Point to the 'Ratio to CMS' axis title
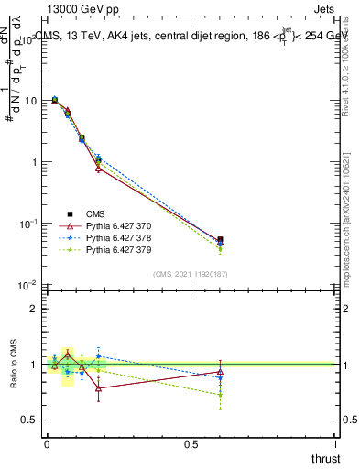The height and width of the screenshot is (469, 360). (15, 364)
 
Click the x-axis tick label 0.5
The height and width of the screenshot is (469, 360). (191, 443)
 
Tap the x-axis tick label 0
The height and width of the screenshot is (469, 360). (47, 443)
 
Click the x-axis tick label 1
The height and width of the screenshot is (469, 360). (336, 443)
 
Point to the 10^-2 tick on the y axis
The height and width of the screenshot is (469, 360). (27, 285)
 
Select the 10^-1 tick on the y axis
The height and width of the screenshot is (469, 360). (27, 224)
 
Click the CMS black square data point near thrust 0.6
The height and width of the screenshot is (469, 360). (220, 240)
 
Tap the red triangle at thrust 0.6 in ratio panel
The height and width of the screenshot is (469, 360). (220, 371)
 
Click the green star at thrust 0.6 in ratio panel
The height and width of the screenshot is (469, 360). (220, 395)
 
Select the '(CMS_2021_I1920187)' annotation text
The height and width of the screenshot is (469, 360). (191, 273)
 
